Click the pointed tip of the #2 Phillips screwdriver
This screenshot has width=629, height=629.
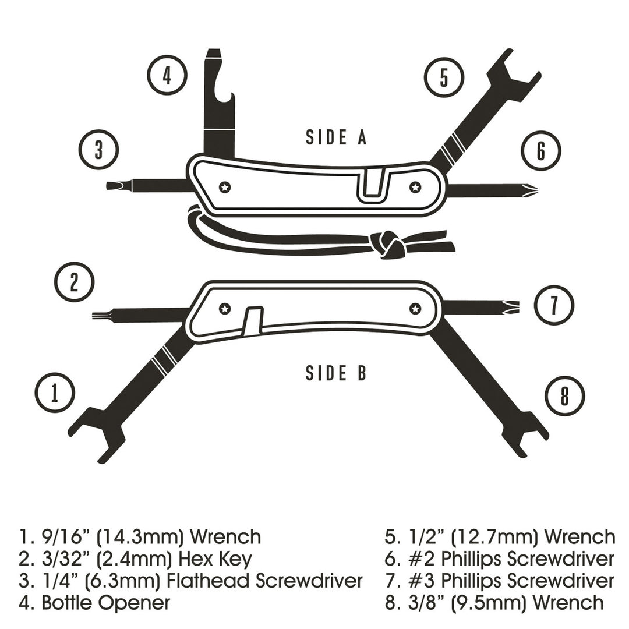(x=538, y=188)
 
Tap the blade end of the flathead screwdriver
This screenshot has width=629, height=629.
(x=108, y=186)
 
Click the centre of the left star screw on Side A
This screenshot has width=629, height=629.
(x=225, y=187)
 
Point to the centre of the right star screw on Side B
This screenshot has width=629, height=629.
(x=415, y=309)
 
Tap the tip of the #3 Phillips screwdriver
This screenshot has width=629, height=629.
(x=519, y=307)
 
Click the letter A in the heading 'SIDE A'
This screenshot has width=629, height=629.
(x=362, y=137)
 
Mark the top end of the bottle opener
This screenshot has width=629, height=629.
(x=213, y=50)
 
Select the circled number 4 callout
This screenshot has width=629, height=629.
(x=167, y=75)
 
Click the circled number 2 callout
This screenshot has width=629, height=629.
(x=74, y=282)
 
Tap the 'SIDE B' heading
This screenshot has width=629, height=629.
(x=336, y=373)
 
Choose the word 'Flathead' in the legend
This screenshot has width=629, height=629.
(x=208, y=581)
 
